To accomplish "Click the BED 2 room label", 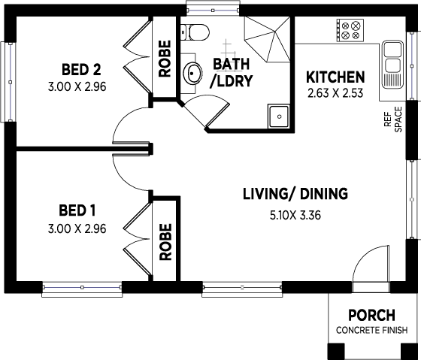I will [80, 70].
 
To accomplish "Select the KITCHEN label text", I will [335, 77].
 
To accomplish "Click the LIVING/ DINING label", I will [295, 194].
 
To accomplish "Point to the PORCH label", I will [372, 315].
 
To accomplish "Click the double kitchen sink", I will [393, 64].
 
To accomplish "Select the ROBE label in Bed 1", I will [165, 241].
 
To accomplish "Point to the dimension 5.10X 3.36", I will [295, 214].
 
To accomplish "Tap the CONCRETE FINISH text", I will [372, 331].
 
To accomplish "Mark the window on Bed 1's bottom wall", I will [82, 286].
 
